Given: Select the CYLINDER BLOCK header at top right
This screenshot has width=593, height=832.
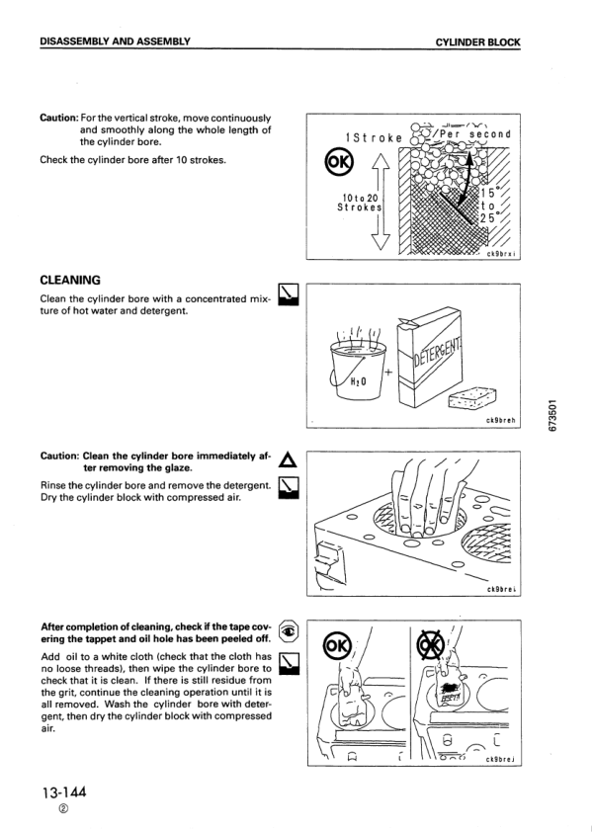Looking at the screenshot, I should pos(476,42).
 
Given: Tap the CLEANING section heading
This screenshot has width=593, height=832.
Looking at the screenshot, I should pos(70,281).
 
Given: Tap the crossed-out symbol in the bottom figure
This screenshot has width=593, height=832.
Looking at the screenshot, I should pos(428,646).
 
